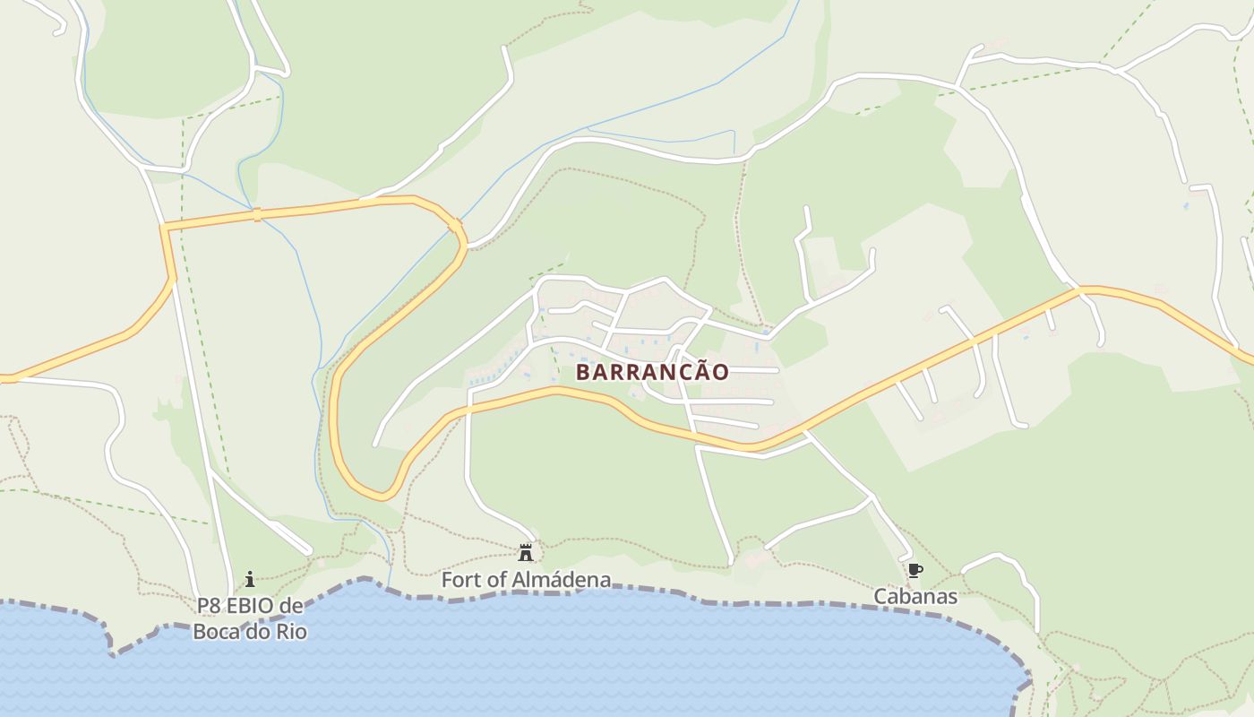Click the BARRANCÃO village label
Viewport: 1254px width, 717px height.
point(651,372)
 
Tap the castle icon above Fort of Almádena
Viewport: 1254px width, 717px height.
point(526,553)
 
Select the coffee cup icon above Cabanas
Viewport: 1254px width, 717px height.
point(915,570)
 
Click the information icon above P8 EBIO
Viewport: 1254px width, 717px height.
point(250,579)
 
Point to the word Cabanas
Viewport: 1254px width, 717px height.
point(915,596)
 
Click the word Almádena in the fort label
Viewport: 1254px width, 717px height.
point(562,580)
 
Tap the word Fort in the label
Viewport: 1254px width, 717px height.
point(460,580)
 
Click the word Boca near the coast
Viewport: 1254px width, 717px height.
point(216,632)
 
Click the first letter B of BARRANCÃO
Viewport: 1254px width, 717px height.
point(582,372)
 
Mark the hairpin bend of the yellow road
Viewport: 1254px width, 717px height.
point(381,493)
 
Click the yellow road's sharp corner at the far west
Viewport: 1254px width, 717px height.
point(164,229)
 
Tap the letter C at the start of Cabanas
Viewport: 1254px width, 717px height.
point(880,596)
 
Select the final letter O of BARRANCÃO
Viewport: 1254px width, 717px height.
point(719,372)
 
